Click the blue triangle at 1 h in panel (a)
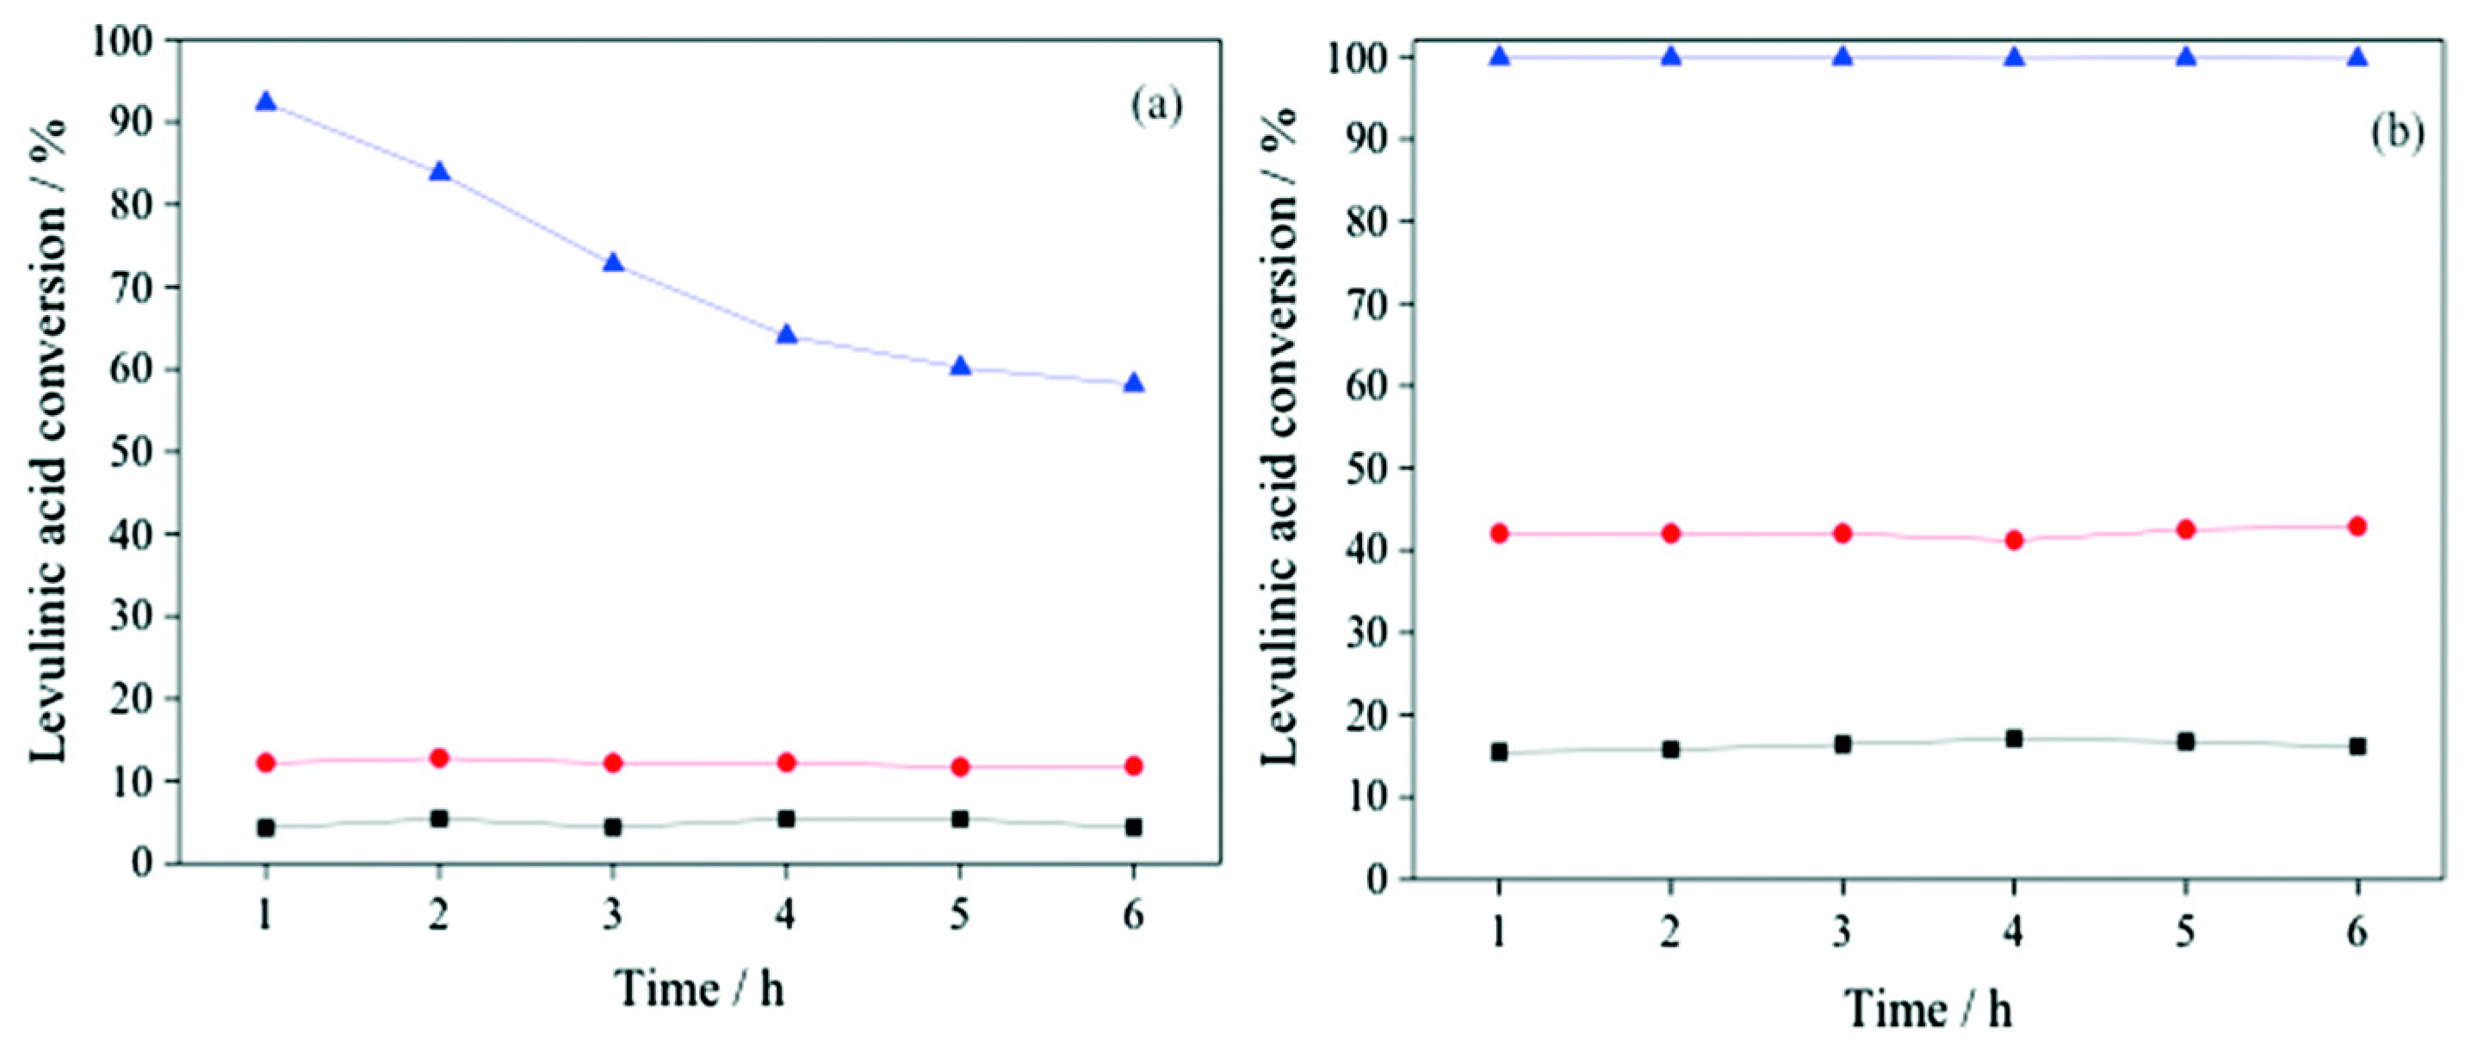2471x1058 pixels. pyautogui.click(x=266, y=102)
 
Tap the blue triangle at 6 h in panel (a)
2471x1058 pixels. pyautogui.click(x=1134, y=384)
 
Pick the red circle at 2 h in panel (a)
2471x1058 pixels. pyautogui.click(x=439, y=758)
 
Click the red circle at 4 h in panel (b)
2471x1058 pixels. pyautogui.click(x=2015, y=540)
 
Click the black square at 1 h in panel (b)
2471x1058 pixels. pyautogui.click(x=1499, y=752)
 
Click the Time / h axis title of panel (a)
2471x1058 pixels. pyautogui.click(x=700, y=989)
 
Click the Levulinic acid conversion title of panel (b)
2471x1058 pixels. pyautogui.click(x=1279, y=436)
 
